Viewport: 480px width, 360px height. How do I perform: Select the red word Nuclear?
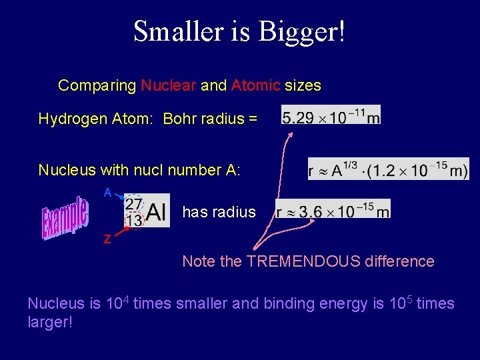(169, 85)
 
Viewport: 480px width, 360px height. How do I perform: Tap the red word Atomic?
(256, 85)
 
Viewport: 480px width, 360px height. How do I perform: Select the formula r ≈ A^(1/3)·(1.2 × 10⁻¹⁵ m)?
(388, 169)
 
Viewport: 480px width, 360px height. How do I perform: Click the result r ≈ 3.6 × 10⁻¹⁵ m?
(333, 211)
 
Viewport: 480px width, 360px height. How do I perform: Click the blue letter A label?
(107, 193)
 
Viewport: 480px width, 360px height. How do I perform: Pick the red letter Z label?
(107, 240)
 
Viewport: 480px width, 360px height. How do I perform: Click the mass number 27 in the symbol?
(133, 203)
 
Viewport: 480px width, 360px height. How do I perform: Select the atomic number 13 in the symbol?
(134, 220)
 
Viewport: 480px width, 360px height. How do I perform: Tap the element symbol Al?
(157, 212)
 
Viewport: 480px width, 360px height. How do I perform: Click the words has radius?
(219, 212)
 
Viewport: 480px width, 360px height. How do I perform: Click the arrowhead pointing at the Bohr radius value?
(291, 134)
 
